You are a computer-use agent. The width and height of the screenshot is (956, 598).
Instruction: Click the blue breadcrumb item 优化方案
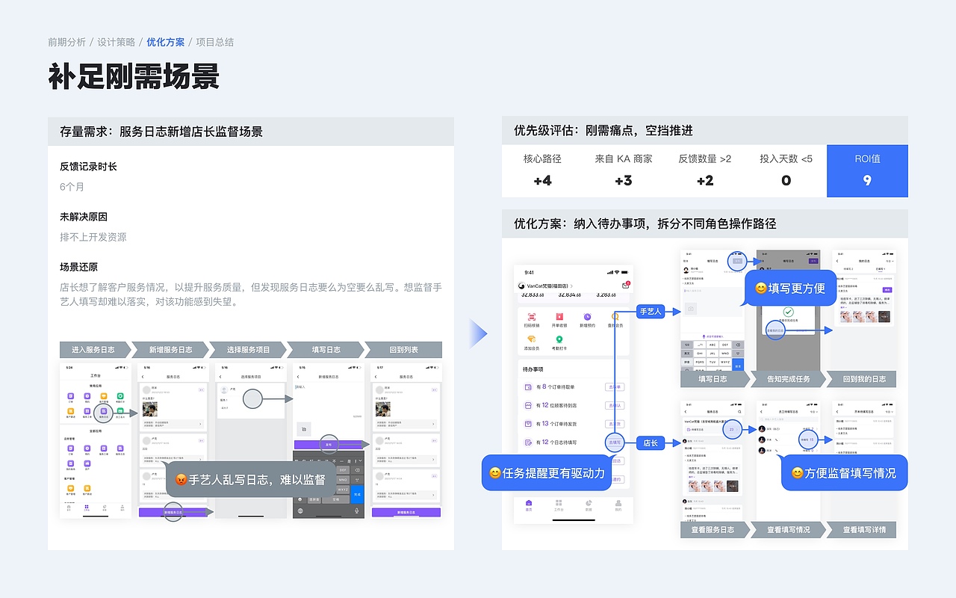click(165, 42)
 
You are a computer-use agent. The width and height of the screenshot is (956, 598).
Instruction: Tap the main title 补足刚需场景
click(134, 76)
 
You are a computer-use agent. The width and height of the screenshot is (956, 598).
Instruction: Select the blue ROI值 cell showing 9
click(867, 171)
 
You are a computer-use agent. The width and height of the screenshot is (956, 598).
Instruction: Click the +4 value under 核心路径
click(542, 180)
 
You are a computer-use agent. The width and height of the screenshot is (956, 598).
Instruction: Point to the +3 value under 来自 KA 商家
click(624, 180)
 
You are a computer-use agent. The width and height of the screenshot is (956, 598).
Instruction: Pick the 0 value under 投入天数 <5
click(786, 180)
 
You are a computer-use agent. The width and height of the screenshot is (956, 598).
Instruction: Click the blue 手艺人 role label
click(650, 311)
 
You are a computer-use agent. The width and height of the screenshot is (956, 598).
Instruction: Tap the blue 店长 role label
click(650, 443)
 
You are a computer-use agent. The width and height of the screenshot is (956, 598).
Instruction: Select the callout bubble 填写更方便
click(789, 288)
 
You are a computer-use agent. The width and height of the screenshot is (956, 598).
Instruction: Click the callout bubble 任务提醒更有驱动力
click(547, 473)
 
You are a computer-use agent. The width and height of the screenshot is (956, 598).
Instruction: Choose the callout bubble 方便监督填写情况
click(844, 473)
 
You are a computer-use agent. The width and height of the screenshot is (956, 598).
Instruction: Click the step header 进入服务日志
click(93, 350)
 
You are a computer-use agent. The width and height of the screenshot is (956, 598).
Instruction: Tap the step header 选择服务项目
click(248, 350)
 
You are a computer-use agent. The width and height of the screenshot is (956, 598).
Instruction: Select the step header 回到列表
click(404, 350)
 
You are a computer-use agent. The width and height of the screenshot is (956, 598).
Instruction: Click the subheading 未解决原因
click(84, 217)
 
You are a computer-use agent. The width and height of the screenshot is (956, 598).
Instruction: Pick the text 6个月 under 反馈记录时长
click(72, 187)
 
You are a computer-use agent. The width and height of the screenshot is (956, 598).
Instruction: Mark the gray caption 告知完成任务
click(789, 379)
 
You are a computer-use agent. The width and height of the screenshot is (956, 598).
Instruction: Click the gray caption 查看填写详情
click(864, 530)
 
